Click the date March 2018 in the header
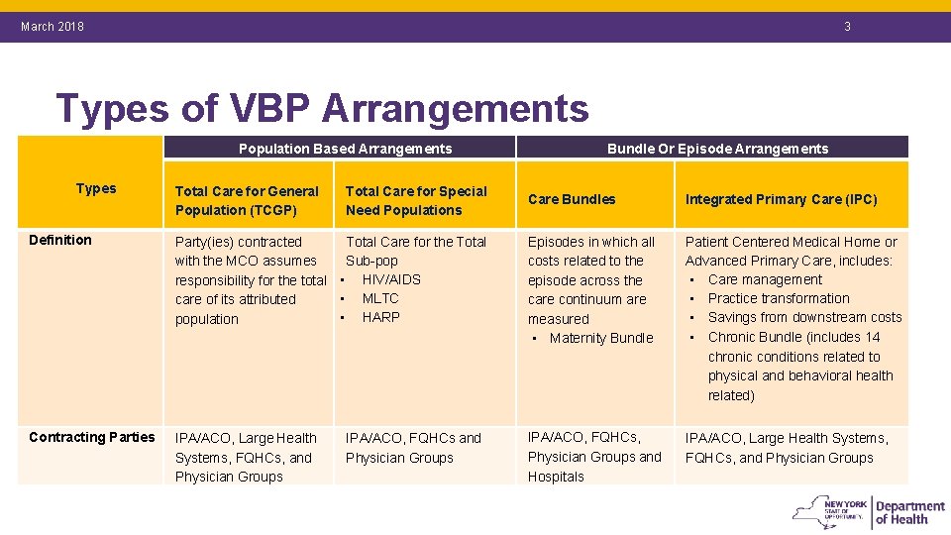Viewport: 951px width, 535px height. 53,27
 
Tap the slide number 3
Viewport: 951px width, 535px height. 847,27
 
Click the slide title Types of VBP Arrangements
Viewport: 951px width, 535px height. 322,108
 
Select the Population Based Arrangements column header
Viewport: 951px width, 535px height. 345,149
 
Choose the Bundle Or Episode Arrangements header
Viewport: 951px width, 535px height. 717,149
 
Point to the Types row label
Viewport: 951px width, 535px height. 96,188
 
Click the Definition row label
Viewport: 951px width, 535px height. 60,240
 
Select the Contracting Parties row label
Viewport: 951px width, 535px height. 92,437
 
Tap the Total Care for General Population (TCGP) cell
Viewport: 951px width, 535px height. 247,200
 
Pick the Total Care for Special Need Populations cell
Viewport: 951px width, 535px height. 416,200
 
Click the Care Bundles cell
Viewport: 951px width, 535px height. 572,199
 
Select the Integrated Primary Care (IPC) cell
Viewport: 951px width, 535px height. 781,199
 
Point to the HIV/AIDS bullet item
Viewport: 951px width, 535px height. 390,279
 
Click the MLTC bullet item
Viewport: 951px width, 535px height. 380,298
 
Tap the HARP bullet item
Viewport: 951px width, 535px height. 381,317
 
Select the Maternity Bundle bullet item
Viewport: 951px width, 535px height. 601,338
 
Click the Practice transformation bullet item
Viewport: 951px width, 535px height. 779,298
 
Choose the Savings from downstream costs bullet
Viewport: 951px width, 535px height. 804,317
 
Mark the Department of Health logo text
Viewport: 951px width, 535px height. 909,512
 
